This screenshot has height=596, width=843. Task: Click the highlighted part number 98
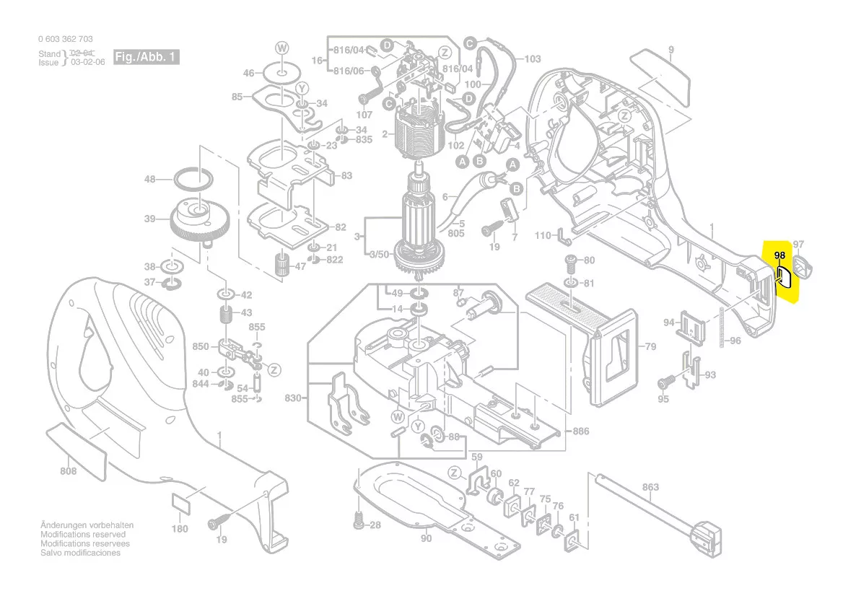[779, 255]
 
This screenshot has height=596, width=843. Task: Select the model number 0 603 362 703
[65, 39]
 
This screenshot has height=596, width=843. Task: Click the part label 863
[650, 487]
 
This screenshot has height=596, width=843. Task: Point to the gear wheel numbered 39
[198, 220]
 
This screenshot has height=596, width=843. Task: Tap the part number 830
[292, 398]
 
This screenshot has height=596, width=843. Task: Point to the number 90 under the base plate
[426, 538]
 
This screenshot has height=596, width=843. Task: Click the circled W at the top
[281, 48]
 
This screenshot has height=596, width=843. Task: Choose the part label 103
[532, 59]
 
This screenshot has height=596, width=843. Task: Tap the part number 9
[671, 50]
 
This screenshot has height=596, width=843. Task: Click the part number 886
[580, 431]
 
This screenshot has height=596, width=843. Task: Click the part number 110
[543, 236]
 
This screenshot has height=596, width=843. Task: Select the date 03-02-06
[88, 63]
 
